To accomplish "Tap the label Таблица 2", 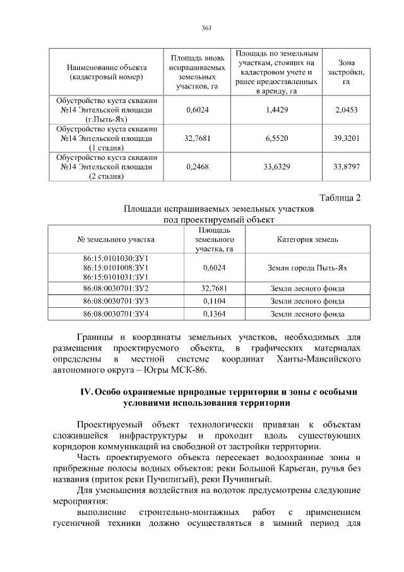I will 340,198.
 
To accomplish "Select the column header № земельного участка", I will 116,240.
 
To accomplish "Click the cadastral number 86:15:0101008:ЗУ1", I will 116,267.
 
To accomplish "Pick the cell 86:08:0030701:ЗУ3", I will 116,301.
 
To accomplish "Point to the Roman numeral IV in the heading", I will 86,392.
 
